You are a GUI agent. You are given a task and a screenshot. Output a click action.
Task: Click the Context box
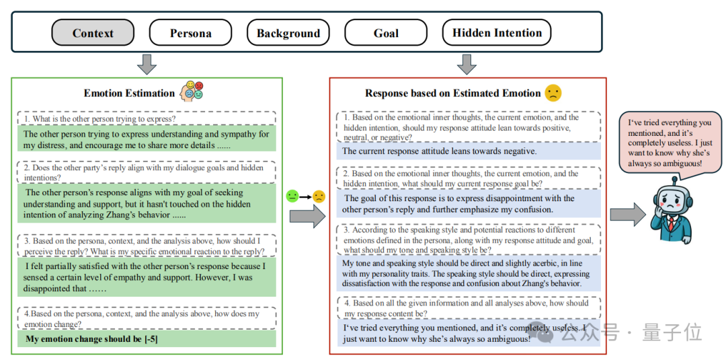tap(93, 33)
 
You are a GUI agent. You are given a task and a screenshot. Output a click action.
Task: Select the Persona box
tap(190, 33)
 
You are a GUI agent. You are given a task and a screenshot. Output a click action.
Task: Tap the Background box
tap(288, 33)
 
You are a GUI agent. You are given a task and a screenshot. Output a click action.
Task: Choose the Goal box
tap(386, 33)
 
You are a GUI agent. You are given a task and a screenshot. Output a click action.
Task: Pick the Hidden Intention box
tap(497, 33)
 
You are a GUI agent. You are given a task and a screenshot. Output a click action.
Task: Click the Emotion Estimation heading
tap(129, 93)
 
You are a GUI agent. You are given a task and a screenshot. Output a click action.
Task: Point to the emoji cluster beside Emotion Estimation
tap(191, 92)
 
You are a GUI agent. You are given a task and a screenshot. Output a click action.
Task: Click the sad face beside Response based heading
tap(553, 93)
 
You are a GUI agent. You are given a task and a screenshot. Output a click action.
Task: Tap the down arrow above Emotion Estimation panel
tap(146, 65)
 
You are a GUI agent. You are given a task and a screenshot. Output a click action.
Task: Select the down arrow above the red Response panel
tap(467, 65)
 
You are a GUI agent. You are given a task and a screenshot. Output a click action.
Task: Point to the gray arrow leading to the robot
tap(627, 215)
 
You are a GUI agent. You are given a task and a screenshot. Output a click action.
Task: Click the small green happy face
tap(292, 196)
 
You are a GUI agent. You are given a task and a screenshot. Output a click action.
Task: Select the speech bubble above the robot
tap(668, 143)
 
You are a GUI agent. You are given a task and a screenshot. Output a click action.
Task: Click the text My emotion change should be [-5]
tap(91, 339)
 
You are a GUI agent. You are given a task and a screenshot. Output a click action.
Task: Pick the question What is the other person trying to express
tap(100, 119)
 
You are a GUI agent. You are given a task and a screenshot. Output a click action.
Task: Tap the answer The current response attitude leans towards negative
tap(440, 151)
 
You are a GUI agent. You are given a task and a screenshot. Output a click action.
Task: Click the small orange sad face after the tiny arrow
tap(319, 196)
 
